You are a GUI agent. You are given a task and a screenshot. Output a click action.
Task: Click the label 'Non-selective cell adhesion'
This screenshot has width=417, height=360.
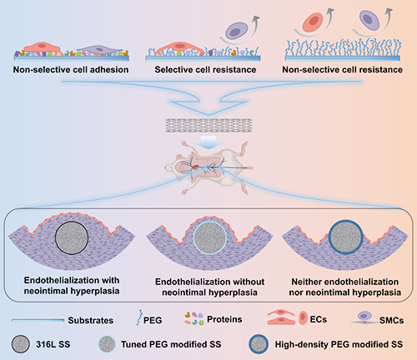(71, 69)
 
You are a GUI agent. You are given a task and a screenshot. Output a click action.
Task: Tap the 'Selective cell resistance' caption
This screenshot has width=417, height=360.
(205, 69)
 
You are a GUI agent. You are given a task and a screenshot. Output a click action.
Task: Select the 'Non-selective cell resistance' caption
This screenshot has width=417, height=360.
(343, 69)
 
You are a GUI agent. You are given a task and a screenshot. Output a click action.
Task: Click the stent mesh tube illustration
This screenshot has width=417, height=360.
(208, 125)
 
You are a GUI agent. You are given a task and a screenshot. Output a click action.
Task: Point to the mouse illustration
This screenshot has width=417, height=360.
(208, 167)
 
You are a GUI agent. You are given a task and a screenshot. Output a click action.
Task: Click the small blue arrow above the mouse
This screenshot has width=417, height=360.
(208, 142)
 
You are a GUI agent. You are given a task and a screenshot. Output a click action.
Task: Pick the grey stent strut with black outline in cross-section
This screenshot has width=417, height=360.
(72, 237)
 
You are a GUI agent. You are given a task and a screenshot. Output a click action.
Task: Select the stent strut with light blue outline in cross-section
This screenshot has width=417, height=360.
(210, 238)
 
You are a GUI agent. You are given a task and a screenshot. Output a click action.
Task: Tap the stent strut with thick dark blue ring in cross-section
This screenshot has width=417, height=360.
(346, 237)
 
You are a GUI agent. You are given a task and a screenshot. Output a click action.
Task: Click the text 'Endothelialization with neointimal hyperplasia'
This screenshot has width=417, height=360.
(72, 286)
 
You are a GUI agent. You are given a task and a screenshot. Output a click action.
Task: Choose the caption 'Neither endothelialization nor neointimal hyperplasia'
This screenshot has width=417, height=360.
(345, 287)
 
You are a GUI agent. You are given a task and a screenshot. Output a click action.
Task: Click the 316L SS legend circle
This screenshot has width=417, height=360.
(21, 344)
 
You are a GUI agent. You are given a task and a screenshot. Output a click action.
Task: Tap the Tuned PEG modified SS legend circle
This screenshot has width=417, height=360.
(107, 344)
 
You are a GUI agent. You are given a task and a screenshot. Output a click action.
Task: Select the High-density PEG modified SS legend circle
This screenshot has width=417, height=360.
(259, 344)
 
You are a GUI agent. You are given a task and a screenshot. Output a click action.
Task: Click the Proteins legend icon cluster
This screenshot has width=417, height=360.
(193, 318)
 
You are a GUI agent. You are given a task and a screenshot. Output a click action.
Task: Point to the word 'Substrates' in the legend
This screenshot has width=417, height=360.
(91, 320)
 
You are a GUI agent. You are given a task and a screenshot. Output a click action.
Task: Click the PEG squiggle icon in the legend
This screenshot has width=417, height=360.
(139, 317)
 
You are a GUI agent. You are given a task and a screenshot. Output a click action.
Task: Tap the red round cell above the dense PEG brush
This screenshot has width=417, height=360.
(313, 21)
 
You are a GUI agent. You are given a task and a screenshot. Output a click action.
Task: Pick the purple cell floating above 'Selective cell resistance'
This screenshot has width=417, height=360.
(236, 30)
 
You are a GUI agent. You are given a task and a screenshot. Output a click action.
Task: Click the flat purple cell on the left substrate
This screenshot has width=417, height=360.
(99, 50)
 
